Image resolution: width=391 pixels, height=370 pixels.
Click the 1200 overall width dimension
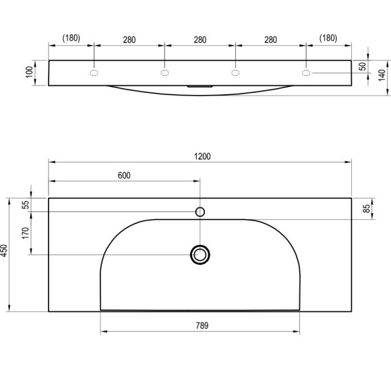click(x=202, y=157)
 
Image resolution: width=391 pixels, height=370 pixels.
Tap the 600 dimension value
click(x=124, y=176)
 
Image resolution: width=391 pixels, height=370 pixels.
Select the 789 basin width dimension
click(x=202, y=326)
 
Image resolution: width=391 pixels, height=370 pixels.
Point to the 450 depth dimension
click(x=4, y=251)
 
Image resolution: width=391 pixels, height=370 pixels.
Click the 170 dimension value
click(x=26, y=233)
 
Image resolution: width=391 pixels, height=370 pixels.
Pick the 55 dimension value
click(x=26, y=205)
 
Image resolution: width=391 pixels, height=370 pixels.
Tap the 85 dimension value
click(x=367, y=209)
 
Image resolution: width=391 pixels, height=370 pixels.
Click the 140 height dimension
click(x=382, y=75)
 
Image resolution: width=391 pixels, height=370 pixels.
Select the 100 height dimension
click(x=30, y=72)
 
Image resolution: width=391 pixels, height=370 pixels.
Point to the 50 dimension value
click(x=363, y=67)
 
